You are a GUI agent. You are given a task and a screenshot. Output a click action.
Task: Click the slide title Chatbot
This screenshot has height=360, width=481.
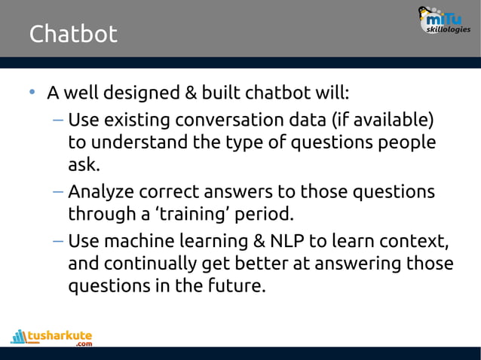73,34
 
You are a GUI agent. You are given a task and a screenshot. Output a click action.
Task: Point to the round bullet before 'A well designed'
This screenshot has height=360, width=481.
32,93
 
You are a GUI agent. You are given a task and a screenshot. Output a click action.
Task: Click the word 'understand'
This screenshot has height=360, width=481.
136,142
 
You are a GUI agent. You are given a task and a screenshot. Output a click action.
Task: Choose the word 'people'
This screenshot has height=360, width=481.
403,142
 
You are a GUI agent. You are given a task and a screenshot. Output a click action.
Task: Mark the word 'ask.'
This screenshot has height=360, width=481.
84,164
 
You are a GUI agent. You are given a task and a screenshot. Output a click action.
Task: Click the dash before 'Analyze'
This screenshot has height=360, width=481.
58,191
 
